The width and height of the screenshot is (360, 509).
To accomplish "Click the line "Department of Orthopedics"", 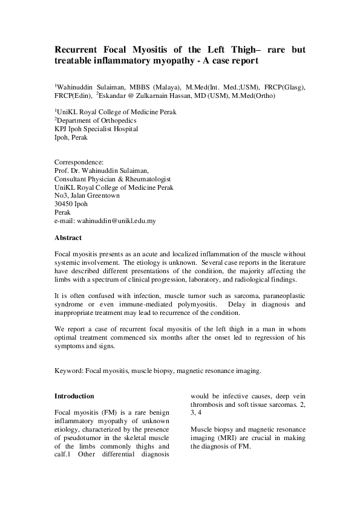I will [x=91, y=120].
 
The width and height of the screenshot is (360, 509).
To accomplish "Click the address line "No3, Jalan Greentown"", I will [x=87, y=196].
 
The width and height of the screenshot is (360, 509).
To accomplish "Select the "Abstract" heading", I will [x=68, y=238].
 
